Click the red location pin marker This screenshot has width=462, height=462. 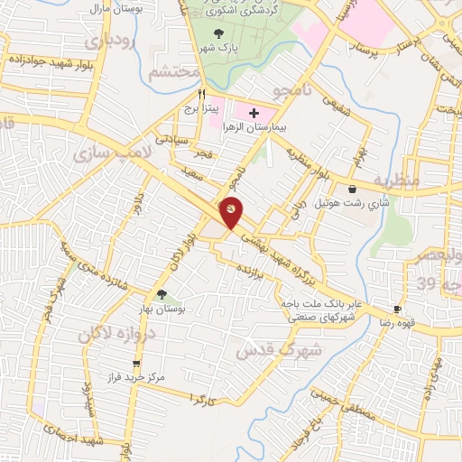coord(232,211)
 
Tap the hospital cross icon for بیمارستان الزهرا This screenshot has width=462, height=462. coord(254,113)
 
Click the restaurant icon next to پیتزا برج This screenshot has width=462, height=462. coord(202,93)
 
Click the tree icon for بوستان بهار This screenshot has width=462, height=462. coord(162,294)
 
